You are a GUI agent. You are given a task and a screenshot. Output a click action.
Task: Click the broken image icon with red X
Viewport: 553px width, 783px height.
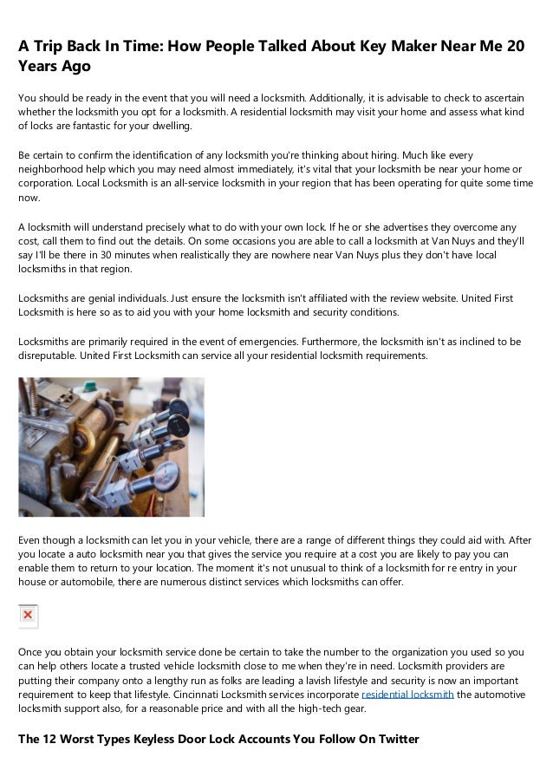28,615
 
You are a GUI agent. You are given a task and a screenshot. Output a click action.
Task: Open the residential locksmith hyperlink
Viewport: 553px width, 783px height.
407,695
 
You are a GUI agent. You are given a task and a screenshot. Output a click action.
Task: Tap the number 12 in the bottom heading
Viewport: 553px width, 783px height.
51,740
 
